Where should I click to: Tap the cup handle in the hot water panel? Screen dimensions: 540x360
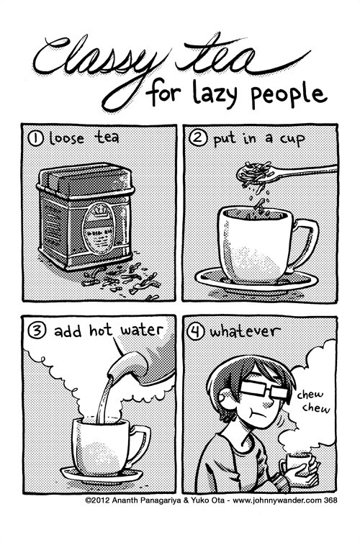point(140,439)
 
